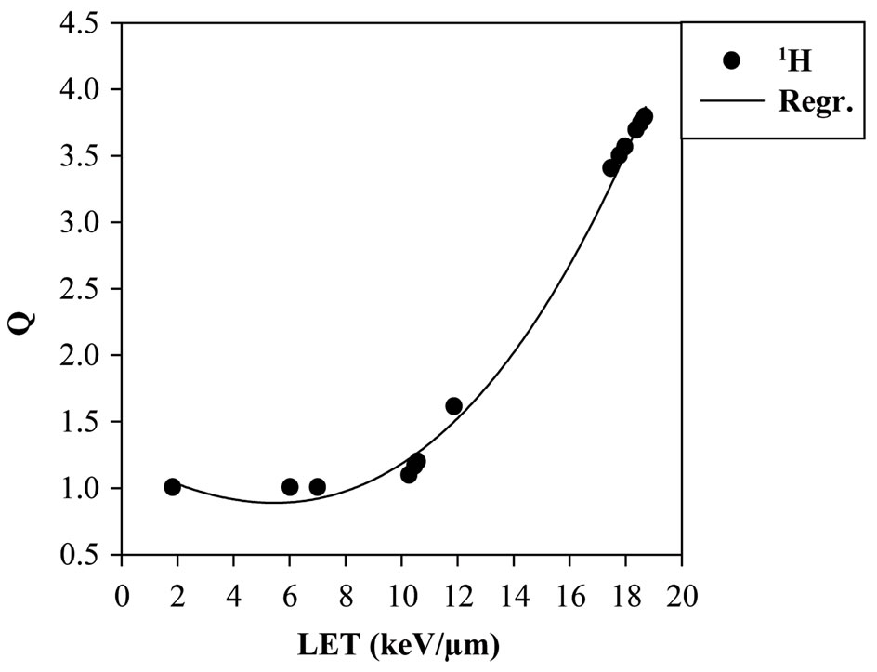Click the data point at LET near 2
tap(172, 487)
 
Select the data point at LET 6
tap(290, 487)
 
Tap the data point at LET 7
tap(317, 487)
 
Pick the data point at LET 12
tap(453, 405)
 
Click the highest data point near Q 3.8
tap(644, 117)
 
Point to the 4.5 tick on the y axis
tap(89, 23)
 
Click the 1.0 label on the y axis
tap(89, 489)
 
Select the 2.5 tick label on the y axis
tap(89, 289)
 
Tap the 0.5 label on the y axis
tap(89, 555)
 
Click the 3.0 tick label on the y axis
tap(89, 223)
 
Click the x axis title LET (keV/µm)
tap(401, 644)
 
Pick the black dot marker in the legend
tap(730, 60)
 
